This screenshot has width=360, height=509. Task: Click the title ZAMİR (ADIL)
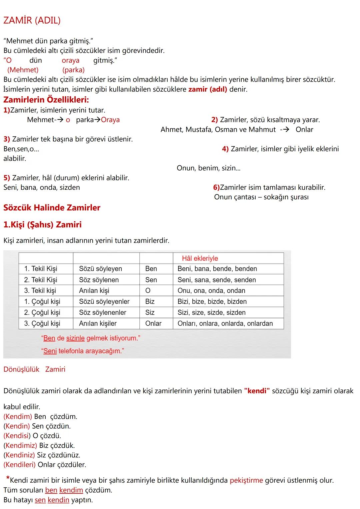pyautogui.click(x=32, y=20)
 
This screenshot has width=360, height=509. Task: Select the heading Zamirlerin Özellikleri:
pyautogui.click(x=46, y=100)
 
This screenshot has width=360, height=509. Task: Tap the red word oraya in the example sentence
pyautogui.click(x=70, y=60)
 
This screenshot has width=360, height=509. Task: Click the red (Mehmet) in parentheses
pyautogui.click(x=23, y=70)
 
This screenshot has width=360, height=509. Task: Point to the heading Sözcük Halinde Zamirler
pyautogui.click(x=52, y=208)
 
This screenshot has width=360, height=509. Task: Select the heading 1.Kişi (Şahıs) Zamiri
pyautogui.click(x=42, y=225)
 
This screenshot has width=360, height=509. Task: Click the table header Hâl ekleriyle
pyautogui.click(x=200, y=258)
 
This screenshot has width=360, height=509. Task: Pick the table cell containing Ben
pyautogui.click(x=151, y=269)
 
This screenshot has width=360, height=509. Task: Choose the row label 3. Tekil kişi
pyautogui.click(x=40, y=291)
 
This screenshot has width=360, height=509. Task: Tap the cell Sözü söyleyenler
pyautogui.click(x=104, y=302)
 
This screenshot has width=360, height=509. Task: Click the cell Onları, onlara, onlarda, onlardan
pyautogui.click(x=225, y=323)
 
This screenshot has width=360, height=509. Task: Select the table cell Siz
pyautogui.click(x=150, y=313)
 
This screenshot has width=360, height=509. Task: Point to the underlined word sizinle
pyautogui.click(x=75, y=338)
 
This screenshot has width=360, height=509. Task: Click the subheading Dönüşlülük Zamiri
pyautogui.click(x=34, y=369)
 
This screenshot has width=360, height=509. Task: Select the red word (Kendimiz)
pyautogui.click(x=20, y=445)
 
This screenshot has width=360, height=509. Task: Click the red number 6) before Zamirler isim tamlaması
pyautogui.click(x=216, y=187)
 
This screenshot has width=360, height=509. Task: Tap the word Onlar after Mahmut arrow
pyautogui.click(x=304, y=130)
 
